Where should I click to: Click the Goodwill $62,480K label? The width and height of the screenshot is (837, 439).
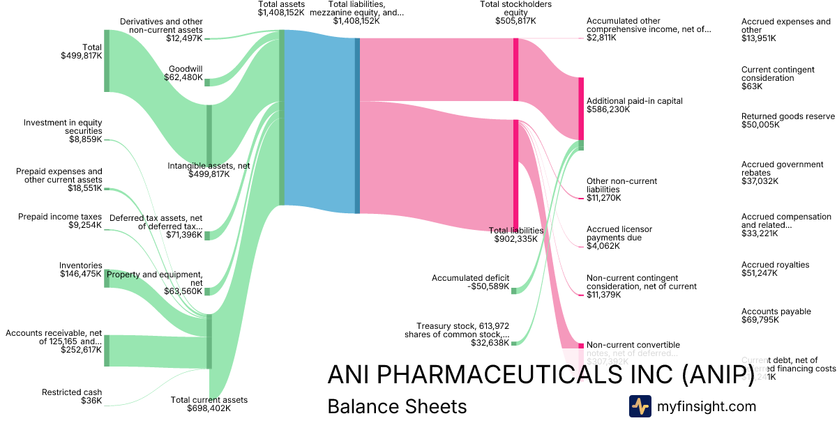[186, 74]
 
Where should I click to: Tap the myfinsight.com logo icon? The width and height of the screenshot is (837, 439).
[640, 406]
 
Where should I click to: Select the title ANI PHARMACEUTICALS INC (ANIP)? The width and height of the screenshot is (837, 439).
[541, 375]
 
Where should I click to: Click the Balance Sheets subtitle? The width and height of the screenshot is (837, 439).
[397, 406]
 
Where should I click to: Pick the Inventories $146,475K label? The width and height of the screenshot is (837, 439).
[81, 270]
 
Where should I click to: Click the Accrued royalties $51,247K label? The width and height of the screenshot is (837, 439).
[775, 270]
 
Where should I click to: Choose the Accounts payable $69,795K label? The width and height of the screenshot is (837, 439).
[776, 316]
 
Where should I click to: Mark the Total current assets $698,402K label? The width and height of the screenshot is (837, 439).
[209, 404]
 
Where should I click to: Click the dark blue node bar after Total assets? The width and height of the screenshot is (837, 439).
[357, 125]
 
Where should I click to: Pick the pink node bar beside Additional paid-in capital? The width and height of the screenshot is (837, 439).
[580, 109]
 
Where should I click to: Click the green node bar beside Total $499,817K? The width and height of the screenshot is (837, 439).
[107, 60]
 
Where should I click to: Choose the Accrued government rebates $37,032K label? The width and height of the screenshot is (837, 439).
[782, 173]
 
